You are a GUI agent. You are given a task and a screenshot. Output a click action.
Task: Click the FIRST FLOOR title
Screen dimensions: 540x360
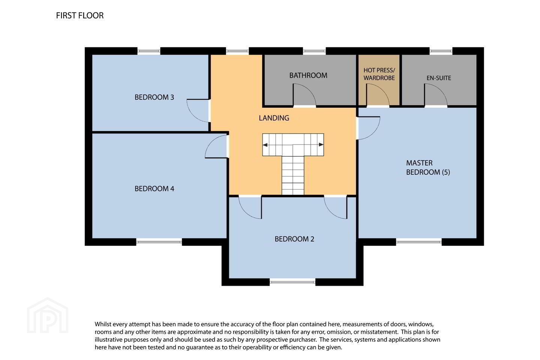coord(80,16)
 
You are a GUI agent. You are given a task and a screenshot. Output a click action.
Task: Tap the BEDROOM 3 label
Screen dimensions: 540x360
coord(154,97)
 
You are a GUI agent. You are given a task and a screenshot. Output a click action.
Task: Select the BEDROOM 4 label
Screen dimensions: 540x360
coord(154,189)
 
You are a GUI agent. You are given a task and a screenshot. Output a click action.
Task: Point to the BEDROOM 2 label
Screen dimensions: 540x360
coord(294,239)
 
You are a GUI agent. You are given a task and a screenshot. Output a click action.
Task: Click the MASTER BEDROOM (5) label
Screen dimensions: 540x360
coord(428,168)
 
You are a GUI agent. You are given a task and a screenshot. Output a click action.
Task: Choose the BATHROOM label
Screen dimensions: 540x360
coord(308,75)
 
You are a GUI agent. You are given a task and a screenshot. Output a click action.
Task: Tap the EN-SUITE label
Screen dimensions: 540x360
coord(439,78)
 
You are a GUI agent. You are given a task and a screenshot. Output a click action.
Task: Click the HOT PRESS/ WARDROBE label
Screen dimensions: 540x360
coord(379,74)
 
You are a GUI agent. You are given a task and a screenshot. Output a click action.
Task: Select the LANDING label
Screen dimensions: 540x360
coord(274,118)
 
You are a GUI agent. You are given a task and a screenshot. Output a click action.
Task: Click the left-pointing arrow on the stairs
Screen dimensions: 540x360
coord(265,145)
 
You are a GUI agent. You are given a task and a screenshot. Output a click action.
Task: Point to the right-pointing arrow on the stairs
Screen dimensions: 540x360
coord(321,145)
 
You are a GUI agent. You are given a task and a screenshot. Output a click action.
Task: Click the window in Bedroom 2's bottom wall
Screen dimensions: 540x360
coord(292,281)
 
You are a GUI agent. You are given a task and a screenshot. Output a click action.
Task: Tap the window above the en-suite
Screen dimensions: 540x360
coord(441,51)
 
